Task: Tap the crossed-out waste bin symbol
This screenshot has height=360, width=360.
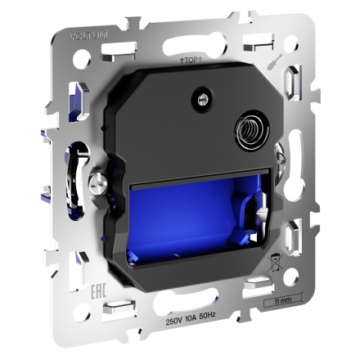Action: (276, 264)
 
